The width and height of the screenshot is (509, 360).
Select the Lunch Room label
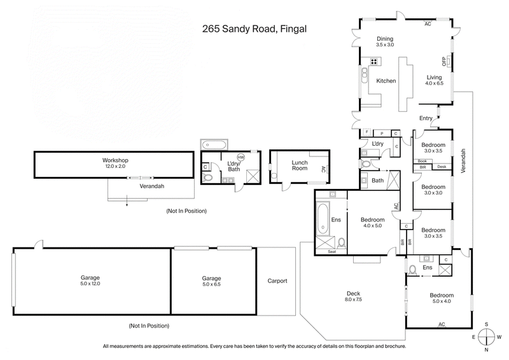pyautogui.click(x=299, y=167)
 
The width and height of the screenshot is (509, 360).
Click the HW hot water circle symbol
pyautogui.click(x=241, y=157)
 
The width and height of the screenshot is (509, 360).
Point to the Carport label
pyautogui.click(x=277, y=280)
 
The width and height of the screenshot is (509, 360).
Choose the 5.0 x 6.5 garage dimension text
pyautogui.click(x=211, y=284)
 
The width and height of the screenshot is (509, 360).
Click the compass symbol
pyautogui.click(x=487, y=336)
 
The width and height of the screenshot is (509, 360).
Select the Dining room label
pyautogui.click(x=386, y=38)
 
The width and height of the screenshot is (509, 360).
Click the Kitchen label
pyautogui.click(x=386, y=81)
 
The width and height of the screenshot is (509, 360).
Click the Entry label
pyautogui.click(x=426, y=118)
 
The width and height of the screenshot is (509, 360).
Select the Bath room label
pyautogui.click(x=377, y=181)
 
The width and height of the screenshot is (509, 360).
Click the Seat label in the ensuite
pyautogui.click(x=331, y=252)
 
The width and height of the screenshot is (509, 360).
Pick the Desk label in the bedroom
pyautogui.click(x=442, y=167)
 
